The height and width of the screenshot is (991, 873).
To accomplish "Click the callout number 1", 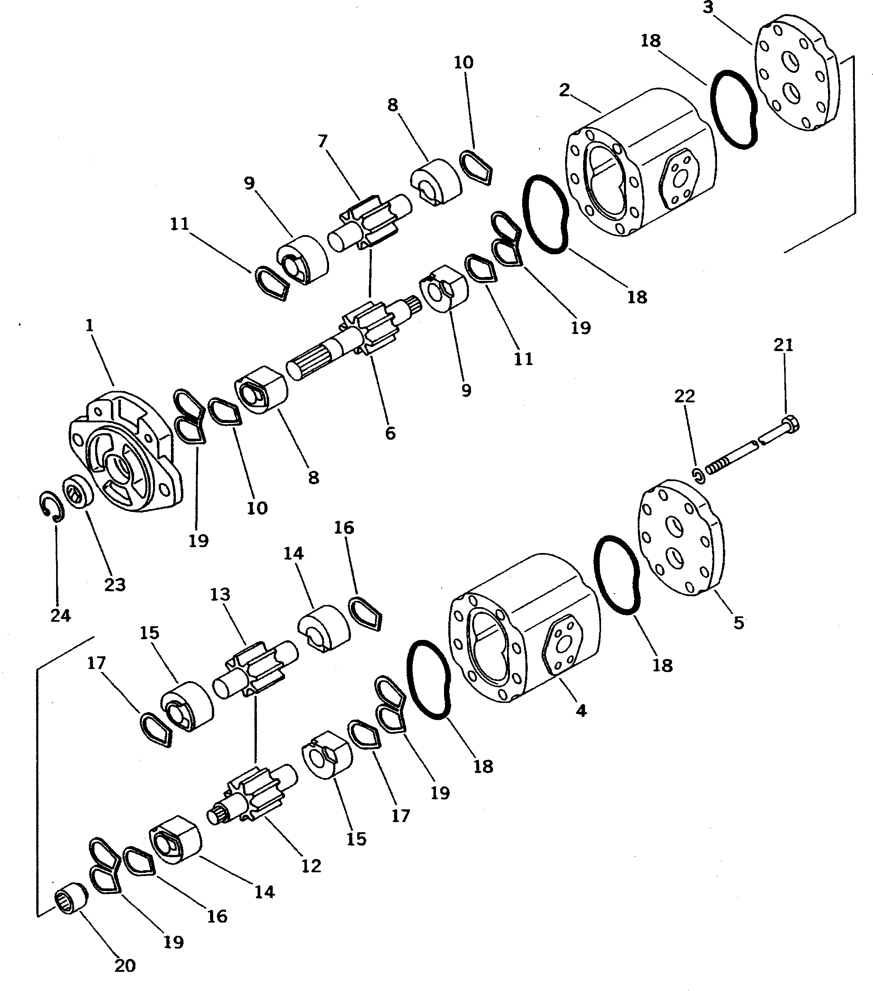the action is [89, 326].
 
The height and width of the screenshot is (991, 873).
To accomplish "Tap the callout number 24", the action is [61, 615].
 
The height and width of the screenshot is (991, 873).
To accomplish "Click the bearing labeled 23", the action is [76, 492].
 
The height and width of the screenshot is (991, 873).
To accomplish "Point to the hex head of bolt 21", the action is [790, 424].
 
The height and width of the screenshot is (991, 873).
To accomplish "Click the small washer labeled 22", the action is [698, 476].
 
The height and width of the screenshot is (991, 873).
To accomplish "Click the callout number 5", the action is [738, 622].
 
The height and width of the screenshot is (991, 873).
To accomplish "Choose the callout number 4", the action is [581, 710].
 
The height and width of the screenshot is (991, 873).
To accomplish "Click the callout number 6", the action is [390, 433].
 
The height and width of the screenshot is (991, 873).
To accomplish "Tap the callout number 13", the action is [220, 594].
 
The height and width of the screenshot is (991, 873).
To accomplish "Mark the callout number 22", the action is [685, 396].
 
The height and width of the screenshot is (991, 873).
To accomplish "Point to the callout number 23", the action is [115, 585].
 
